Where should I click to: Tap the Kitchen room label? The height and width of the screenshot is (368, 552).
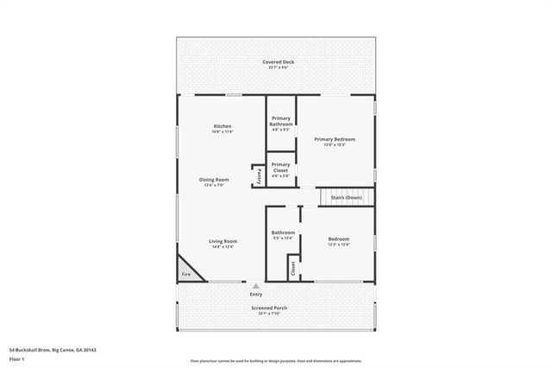pyautogui.click(x=223, y=127)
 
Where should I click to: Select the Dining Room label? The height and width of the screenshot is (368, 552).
pyautogui.click(x=216, y=180)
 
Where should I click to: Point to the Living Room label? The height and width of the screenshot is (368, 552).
pyautogui.click(x=223, y=241)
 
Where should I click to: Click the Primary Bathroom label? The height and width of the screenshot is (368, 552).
pyautogui.click(x=281, y=121)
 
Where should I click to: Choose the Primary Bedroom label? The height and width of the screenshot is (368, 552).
pyautogui.click(x=334, y=139)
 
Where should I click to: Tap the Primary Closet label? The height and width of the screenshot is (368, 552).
pyautogui.click(x=280, y=167)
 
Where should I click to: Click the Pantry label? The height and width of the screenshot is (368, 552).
pyautogui.click(x=258, y=175)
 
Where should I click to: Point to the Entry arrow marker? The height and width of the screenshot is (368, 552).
pyautogui.click(x=255, y=284)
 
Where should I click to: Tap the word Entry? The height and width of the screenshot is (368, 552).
pyautogui.click(x=255, y=295)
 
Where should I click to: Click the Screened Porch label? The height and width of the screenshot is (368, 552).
pyautogui.click(x=270, y=308)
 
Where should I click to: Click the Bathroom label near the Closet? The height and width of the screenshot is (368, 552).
pyautogui.click(x=283, y=232)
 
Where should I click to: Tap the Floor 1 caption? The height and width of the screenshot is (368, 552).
pyautogui.click(x=17, y=359)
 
